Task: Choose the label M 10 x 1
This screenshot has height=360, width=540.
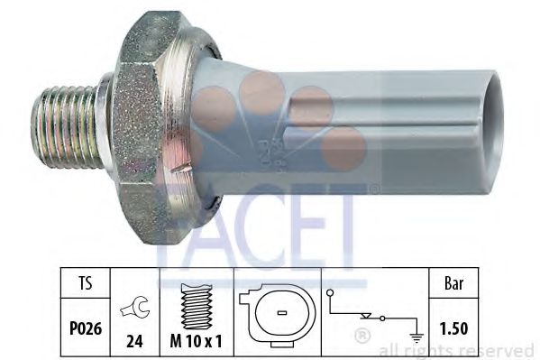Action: [x=197, y=319]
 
